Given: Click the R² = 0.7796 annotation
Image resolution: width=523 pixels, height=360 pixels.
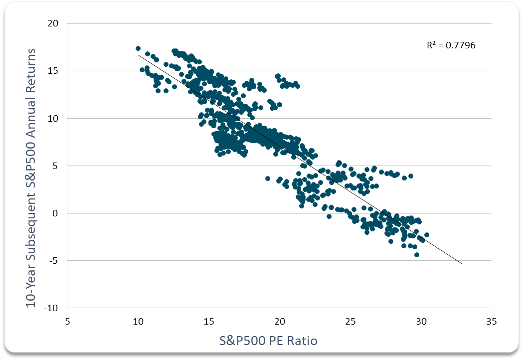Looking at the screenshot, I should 451,45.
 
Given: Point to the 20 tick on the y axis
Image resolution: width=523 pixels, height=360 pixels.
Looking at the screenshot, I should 53,23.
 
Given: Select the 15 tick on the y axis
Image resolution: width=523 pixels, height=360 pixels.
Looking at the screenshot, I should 53,71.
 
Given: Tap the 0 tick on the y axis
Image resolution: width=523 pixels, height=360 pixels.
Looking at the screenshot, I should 55,213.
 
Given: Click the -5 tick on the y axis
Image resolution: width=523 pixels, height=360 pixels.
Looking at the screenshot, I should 54,260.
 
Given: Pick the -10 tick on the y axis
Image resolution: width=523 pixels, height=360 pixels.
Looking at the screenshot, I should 52,308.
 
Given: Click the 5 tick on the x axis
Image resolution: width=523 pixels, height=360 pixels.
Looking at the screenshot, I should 67,322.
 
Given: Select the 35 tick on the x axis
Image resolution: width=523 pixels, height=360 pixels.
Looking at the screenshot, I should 491,322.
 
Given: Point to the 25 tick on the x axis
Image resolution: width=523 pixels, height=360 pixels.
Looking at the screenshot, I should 350,322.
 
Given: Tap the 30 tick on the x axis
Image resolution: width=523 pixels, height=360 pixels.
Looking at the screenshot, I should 421,322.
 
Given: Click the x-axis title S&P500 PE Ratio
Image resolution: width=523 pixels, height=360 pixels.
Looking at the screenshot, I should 269,341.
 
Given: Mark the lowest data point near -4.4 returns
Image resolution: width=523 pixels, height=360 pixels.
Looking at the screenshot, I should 417,255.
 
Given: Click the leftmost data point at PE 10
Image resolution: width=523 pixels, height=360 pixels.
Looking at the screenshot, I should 138,48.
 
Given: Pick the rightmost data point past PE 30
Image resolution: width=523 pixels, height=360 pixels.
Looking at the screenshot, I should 427,235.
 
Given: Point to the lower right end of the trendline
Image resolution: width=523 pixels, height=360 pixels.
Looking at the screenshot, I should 462,264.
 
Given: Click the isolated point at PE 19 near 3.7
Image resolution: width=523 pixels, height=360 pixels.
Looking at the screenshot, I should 268,179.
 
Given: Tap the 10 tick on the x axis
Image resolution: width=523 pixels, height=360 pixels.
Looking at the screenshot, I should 138,322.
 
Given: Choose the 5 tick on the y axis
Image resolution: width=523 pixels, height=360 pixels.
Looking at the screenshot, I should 55,166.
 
